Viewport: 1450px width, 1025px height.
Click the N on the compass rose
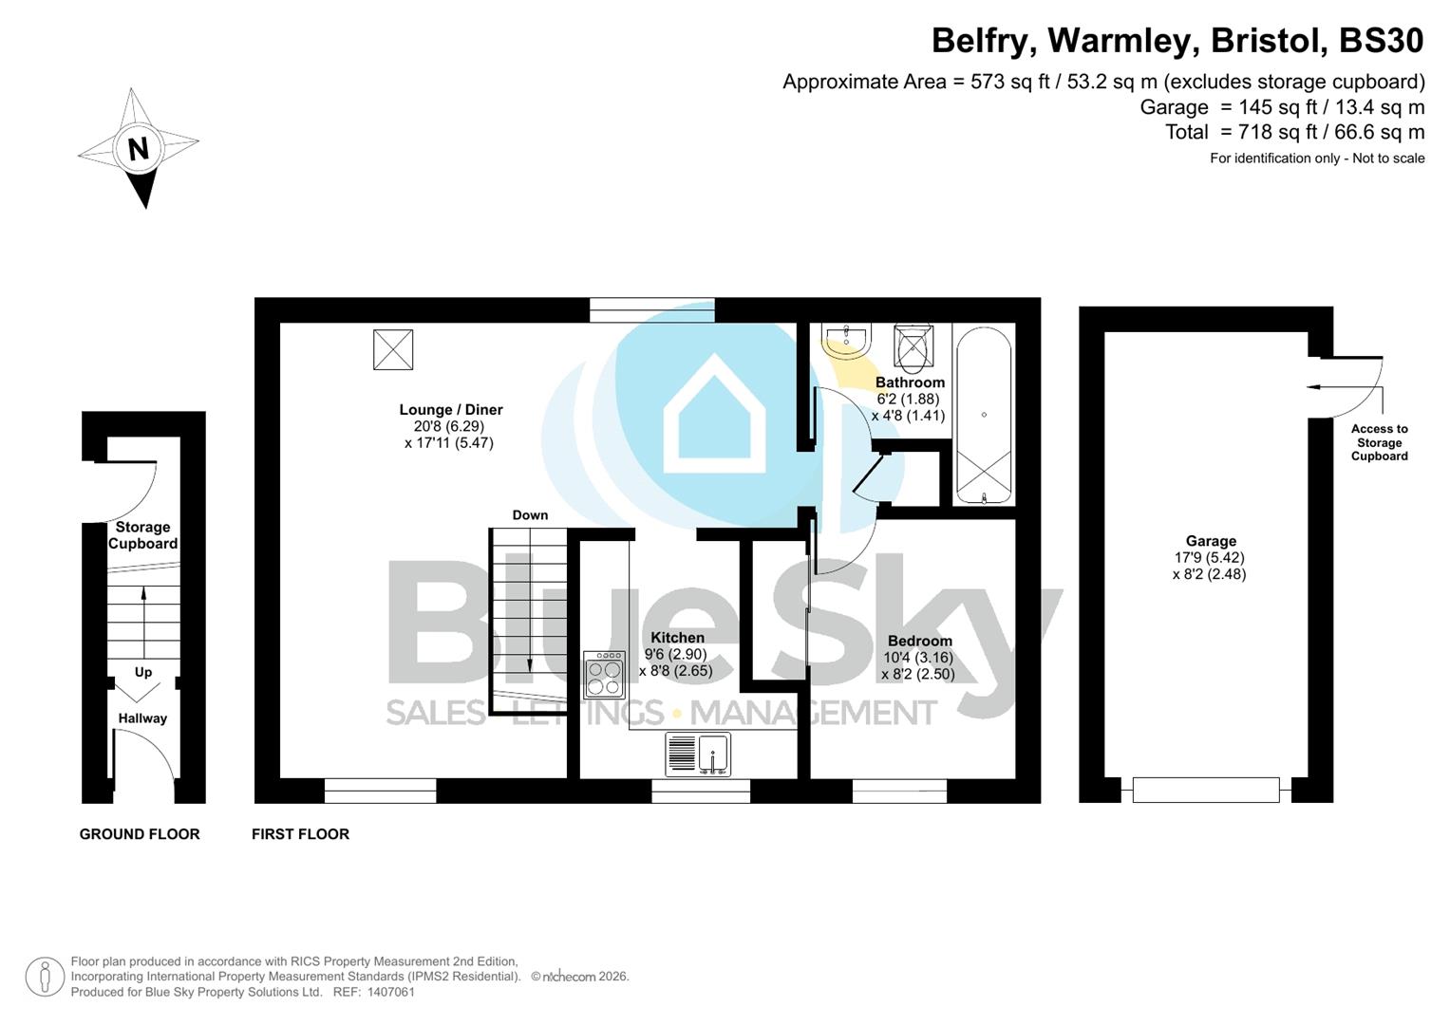(139, 149)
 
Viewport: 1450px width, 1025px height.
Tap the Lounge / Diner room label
(450, 410)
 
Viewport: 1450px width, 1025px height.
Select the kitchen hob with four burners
(604, 674)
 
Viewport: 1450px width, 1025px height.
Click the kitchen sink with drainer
(699, 755)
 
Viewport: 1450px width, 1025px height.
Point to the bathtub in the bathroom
(984, 416)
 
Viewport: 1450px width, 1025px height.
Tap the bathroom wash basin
(847, 341)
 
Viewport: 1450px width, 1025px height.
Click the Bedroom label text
(919, 641)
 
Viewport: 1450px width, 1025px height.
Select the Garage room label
(1210, 541)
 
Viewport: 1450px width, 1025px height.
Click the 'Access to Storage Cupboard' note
(1379, 442)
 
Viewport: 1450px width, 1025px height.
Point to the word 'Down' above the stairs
(530, 515)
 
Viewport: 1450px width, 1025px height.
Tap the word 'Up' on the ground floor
(143, 672)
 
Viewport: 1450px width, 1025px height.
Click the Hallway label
(142, 718)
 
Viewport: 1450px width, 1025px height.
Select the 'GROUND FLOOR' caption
(140, 834)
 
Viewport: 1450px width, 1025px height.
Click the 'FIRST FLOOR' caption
(300, 834)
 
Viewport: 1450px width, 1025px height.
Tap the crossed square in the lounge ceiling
(393, 349)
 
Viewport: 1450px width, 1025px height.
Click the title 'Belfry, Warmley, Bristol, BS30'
(1177, 41)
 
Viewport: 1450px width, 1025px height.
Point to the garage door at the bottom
(1206, 789)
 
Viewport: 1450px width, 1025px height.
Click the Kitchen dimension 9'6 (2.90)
(676, 655)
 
